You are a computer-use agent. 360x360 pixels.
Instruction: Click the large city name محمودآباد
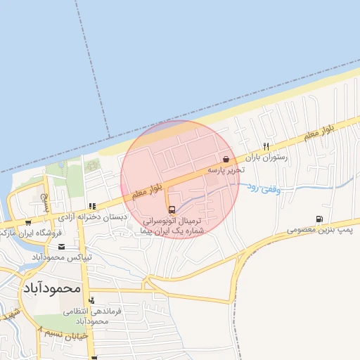(x=53, y=288)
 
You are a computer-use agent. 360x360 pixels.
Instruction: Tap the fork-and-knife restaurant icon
(x=266, y=146)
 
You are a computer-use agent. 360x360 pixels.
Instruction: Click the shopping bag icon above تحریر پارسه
(x=226, y=159)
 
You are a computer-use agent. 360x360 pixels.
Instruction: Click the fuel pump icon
(x=321, y=219)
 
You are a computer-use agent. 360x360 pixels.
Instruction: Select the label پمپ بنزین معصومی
(x=320, y=230)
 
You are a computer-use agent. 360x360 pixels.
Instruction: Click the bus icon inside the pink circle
(x=172, y=209)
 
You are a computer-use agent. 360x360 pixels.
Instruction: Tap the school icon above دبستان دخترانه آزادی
(x=91, y=206)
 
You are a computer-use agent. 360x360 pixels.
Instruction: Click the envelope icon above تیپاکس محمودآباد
(x=62, y=246)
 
